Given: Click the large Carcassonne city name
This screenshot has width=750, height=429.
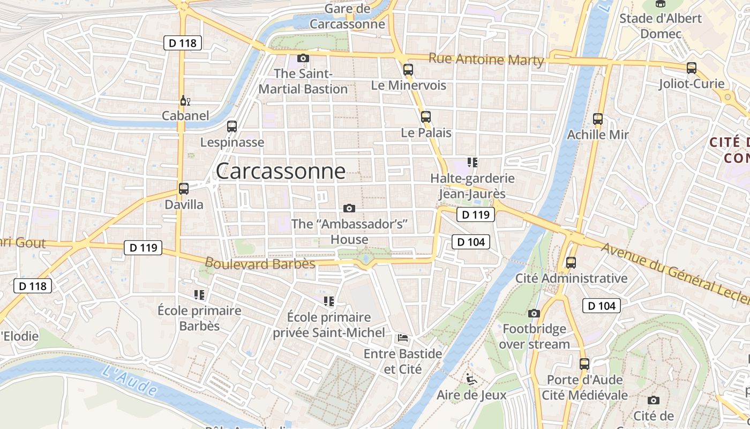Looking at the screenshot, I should coord(280,171).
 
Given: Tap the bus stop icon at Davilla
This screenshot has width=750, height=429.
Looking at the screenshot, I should coord(184,189).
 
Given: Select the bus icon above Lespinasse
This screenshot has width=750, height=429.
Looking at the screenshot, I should coord(232,127).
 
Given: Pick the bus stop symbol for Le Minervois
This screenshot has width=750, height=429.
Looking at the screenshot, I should coord(408,69).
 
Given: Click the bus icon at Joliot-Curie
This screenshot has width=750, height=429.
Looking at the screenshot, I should coord(692,68).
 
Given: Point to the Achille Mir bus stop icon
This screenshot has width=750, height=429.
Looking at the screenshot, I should coord(598,119).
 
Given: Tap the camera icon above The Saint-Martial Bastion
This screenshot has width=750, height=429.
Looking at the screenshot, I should coord(303,58).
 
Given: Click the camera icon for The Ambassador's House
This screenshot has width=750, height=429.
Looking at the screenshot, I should coord(349,208).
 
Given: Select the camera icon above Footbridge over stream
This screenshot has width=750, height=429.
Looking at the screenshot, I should coord(534,313).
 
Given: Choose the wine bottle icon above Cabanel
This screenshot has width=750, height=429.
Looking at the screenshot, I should coord(185,100).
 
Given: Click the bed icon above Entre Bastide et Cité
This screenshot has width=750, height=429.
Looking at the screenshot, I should coord(403,338).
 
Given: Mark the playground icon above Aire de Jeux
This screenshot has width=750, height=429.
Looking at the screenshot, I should coord(471,379).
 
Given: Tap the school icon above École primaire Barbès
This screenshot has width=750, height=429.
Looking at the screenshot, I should coord(199,294).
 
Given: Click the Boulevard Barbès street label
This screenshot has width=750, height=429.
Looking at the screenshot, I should coord(260,264).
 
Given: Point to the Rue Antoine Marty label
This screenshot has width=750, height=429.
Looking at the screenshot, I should coord(486,60).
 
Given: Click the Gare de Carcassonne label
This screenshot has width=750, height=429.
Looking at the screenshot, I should coord(347,16).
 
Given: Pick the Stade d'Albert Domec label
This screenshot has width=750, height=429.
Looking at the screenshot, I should coord(660,26).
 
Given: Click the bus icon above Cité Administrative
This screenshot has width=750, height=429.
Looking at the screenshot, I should coord(571,263).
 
